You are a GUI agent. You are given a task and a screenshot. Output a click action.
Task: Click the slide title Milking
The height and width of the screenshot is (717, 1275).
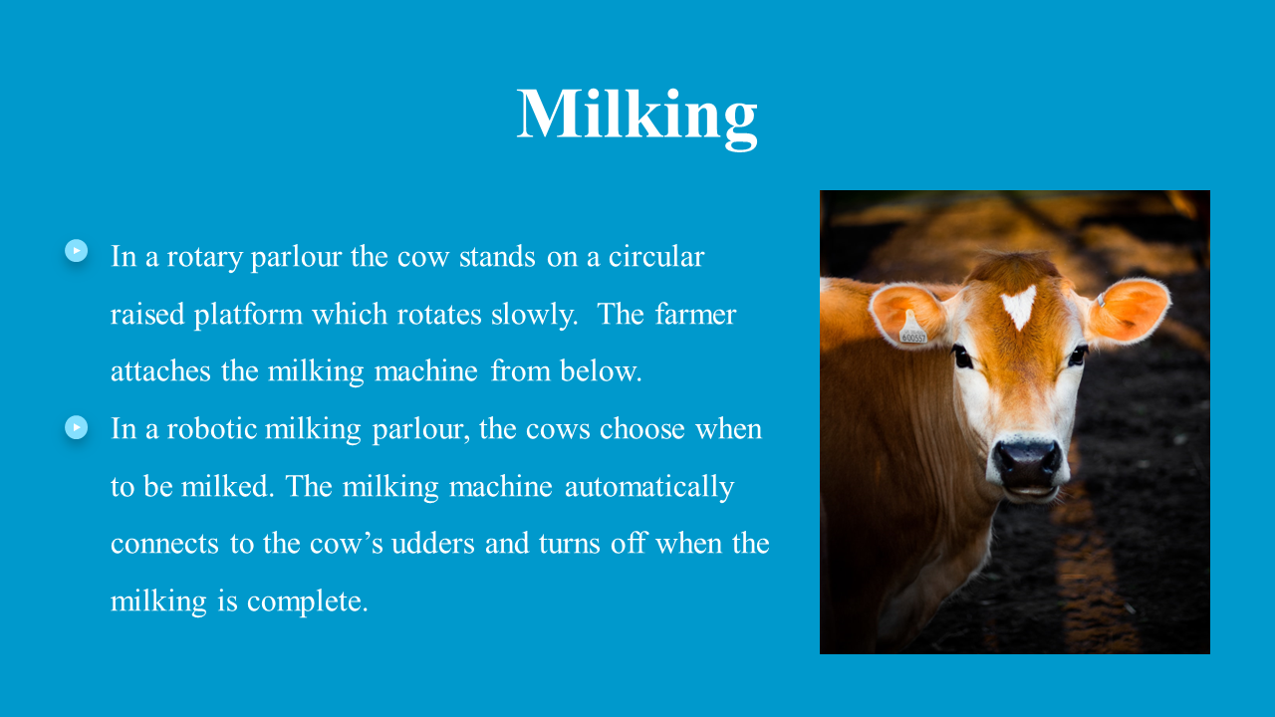pos(637,116)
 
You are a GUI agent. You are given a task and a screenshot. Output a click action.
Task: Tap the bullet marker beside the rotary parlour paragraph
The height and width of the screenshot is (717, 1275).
pos(77,250)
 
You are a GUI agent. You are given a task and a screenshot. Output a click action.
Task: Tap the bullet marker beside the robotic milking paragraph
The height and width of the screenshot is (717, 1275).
pos(77,427)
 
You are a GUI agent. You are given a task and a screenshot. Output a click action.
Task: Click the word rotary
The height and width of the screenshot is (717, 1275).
pos(204,258)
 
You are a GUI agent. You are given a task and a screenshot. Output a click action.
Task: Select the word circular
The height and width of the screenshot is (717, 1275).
pos(656,257)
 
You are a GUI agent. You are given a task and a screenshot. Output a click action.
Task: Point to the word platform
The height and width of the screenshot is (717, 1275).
pos(248,316)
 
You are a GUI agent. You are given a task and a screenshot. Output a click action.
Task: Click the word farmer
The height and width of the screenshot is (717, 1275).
pos(695,314)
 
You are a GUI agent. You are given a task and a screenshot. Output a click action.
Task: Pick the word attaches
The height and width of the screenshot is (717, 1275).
pos(160,371)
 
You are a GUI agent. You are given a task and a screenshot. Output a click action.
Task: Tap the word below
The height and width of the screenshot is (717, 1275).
pos(601,371)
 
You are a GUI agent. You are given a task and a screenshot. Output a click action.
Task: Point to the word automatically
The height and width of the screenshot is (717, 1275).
pos(649,488)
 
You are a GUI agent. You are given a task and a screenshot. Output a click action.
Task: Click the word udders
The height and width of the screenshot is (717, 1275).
pos(433,544)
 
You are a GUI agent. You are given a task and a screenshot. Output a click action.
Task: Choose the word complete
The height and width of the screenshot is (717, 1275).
pos(308,602)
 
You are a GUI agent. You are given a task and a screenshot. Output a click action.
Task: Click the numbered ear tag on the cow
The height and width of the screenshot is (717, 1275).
pos(913,330)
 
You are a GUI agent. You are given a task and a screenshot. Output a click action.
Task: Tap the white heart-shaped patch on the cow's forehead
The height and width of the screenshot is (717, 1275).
pos(1019,306)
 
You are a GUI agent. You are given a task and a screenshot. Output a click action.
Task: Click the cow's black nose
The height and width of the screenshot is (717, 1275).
pos(1028,465)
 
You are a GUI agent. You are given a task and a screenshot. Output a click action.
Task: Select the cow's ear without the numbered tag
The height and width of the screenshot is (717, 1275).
pos(1127,312)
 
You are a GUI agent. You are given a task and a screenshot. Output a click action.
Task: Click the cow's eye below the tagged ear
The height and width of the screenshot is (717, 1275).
pos(962,358)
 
